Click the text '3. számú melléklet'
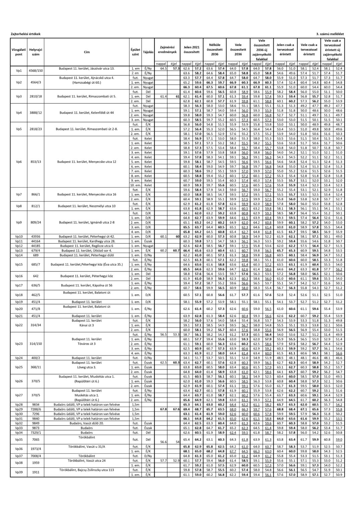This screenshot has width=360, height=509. [x=330, y=34]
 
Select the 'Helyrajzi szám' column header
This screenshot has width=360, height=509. [x=35, y=52]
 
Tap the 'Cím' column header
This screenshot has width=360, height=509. [x=87, y=52]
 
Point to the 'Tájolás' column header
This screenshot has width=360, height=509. [x=148, y=52]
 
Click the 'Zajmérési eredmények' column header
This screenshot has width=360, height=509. [x=167, y=50]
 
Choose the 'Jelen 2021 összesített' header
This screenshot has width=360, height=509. [x=191, y=50]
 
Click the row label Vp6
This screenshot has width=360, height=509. [x=19, y=162]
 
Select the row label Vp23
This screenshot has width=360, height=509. [x=19, y=344]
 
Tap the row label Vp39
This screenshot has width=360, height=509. [x=19, y=472]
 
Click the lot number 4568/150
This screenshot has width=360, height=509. [x=35, y=71]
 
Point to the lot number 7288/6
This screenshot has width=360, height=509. [x=35, y=409]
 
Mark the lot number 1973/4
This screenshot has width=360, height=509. [x=35, y=449]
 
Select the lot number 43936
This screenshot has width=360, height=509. [x=35, y=236]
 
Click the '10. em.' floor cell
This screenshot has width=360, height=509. [x=135, y=185]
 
